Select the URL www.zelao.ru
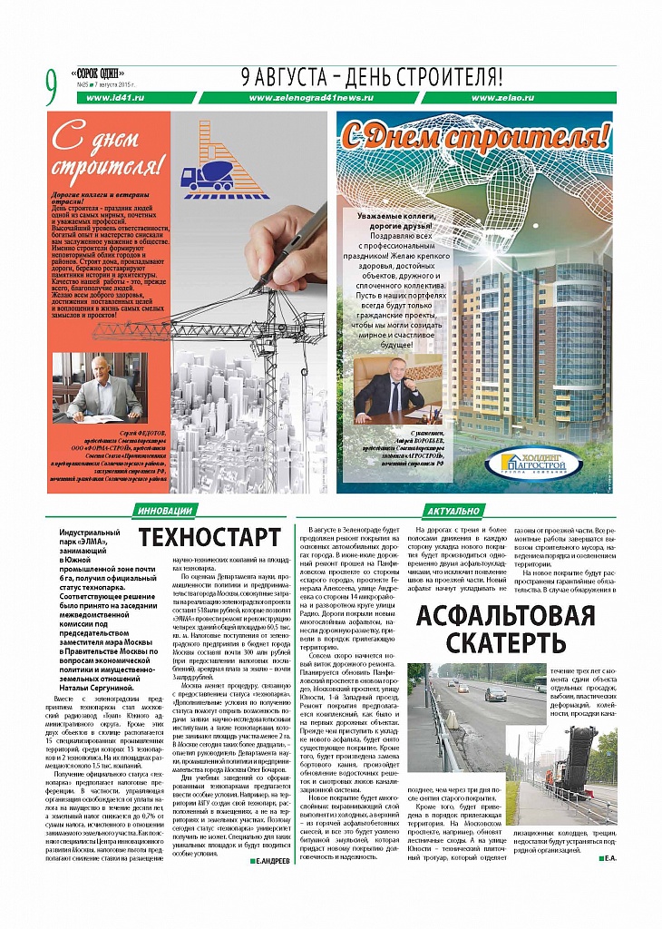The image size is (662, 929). tap(502, 98)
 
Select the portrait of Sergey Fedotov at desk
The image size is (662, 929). tap(99, 386)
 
